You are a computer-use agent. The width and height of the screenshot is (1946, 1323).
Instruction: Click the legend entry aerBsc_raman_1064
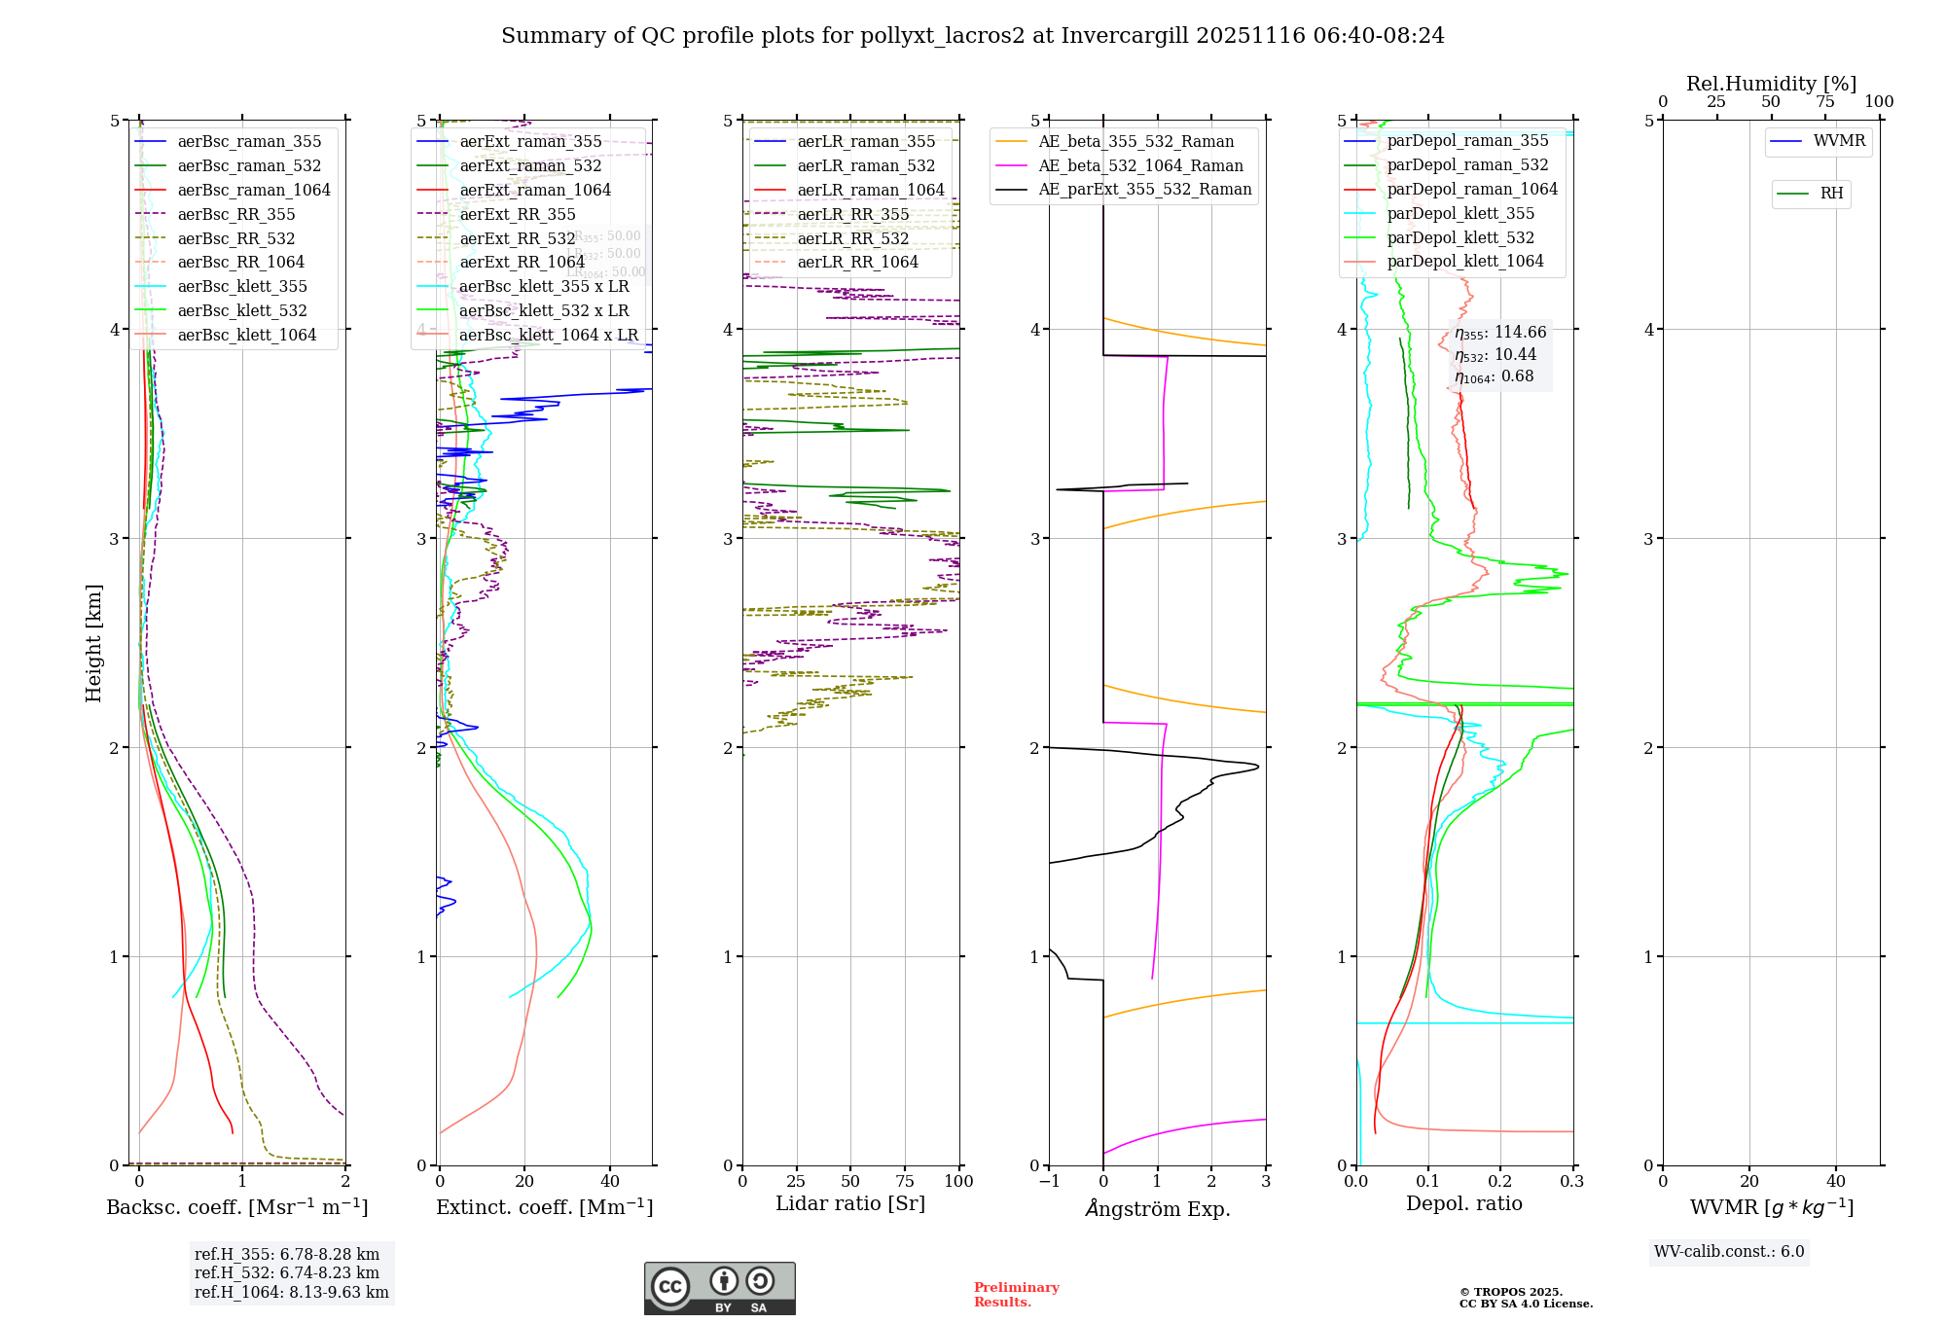pos(253,191)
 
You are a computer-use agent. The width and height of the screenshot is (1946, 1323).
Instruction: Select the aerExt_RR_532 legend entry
pos(517,238)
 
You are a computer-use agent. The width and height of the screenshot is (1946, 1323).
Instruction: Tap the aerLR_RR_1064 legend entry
pos(857,263)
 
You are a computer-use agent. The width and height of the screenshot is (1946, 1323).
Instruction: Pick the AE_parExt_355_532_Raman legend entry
pos(1144,190)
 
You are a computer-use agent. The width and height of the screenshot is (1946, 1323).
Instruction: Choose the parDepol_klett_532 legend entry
pos(1459,238)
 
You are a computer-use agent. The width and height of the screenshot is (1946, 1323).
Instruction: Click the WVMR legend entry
pos(1838,142)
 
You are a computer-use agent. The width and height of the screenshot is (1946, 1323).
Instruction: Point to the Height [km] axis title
pos(93,643)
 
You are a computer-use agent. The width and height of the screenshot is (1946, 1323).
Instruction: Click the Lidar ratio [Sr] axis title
pos(849,1204)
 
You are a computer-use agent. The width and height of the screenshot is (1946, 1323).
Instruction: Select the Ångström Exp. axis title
pos(1157,1209)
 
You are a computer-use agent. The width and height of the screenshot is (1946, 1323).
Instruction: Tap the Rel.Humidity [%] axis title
pos(1771,84)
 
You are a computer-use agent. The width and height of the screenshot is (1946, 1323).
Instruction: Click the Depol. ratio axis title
pos(1463,1204)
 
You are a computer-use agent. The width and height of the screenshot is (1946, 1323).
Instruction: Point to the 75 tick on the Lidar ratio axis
pos(905,1182)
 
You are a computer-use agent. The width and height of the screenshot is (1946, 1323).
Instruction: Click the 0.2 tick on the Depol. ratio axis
pos(1500,1182)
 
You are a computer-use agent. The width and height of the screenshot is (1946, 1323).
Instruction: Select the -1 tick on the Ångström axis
pos(1049,1182)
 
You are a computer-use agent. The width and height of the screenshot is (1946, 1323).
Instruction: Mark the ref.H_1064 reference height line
pos(291,1293)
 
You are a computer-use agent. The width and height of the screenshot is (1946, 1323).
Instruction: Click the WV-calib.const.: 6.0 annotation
pos(1729,1252)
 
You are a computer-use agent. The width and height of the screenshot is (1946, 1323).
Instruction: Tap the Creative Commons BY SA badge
pos(719,1289)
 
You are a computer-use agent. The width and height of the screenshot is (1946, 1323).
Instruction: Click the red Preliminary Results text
pos(1016,1295)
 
